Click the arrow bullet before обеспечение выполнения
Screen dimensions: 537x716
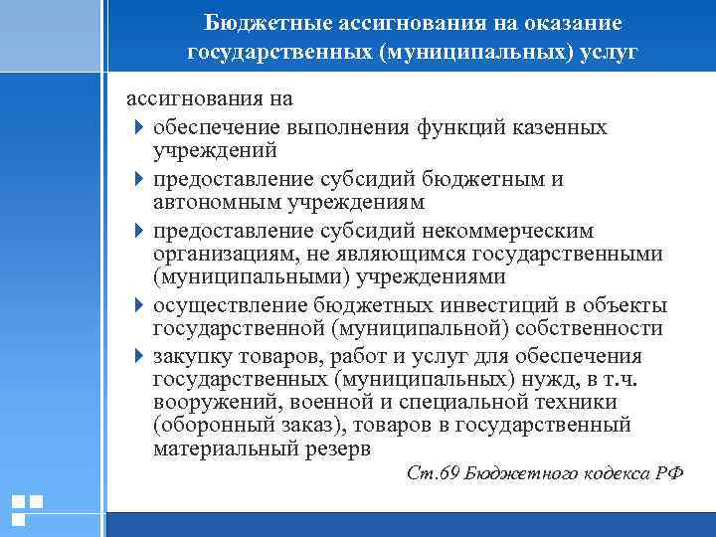pos(137,128)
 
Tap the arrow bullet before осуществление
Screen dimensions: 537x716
pos(137,305)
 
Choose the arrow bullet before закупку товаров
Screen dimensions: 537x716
pos(137,356)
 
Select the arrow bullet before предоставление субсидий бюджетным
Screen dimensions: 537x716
pos(137,180)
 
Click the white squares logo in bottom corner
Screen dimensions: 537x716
pos(26,509)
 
